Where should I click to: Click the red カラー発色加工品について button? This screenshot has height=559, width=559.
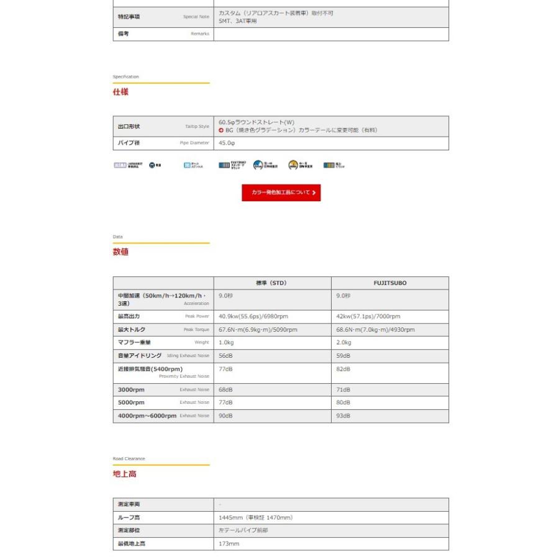click(x=281, y=193)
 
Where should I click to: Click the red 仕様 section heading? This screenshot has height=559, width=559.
click(x=120, y=92)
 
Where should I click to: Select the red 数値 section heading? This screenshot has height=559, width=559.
click(x=120, y=252)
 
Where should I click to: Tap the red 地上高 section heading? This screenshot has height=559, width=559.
click(x=124, y=474)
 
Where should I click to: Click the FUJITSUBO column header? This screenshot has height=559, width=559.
click(x=390, y=283)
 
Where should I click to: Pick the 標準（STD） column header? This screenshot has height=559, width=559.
click(x=272, y=283)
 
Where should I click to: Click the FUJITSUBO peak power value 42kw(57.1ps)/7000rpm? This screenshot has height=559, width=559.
click(x=368, y=317)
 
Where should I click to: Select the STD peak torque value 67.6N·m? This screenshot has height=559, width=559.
click(x=258, y=330)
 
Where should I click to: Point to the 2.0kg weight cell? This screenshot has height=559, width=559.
click(x=343, y=343)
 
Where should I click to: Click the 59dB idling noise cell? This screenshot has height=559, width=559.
click(x=343, y=356)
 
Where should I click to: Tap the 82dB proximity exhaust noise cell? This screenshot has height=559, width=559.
click(x=343, y=369)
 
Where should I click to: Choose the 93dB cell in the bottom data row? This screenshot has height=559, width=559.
click(x=343, y=416)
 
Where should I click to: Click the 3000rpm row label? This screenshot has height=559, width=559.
click(x=131, y=390)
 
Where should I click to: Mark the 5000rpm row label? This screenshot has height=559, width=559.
click(x=131, y=402)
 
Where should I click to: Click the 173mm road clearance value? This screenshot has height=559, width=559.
click(x=229, y=544)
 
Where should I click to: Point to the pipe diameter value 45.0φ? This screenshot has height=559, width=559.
click(x=227, y=143)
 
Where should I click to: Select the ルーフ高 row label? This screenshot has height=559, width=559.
click(x=129, y=517)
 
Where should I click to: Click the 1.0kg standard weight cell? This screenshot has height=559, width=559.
click(x=225, y=343)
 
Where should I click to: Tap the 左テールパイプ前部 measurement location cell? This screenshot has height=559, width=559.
click(x=243, y=530)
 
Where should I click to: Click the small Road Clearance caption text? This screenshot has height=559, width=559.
click(x=129, y=459)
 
